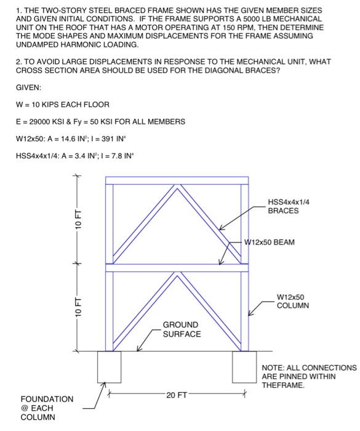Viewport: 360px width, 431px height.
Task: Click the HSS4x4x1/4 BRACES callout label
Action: [x=292, y=206]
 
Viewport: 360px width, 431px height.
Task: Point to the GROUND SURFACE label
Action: [x=182, y=329]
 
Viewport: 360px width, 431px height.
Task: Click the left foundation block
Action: [x=110, y=367]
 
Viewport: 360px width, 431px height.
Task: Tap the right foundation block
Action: [x=244, y=367]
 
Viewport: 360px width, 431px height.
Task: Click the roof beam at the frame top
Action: [x=177, y=180]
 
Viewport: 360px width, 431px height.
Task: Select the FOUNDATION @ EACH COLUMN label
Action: [x=47, y=408]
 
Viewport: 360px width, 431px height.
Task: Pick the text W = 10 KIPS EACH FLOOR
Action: [x=63, y=104]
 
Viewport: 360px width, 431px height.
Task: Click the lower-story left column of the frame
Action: [x=110, y=311]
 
